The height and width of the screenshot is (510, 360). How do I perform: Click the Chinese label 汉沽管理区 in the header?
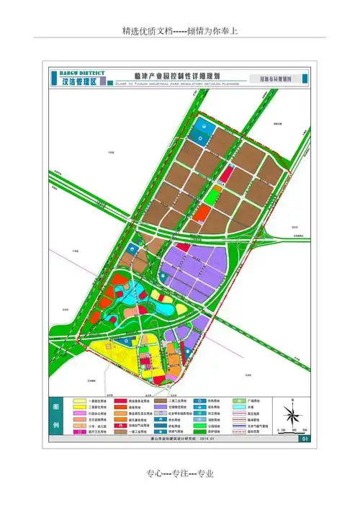click(78, 82)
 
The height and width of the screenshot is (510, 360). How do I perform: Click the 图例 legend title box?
click(57, 416)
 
